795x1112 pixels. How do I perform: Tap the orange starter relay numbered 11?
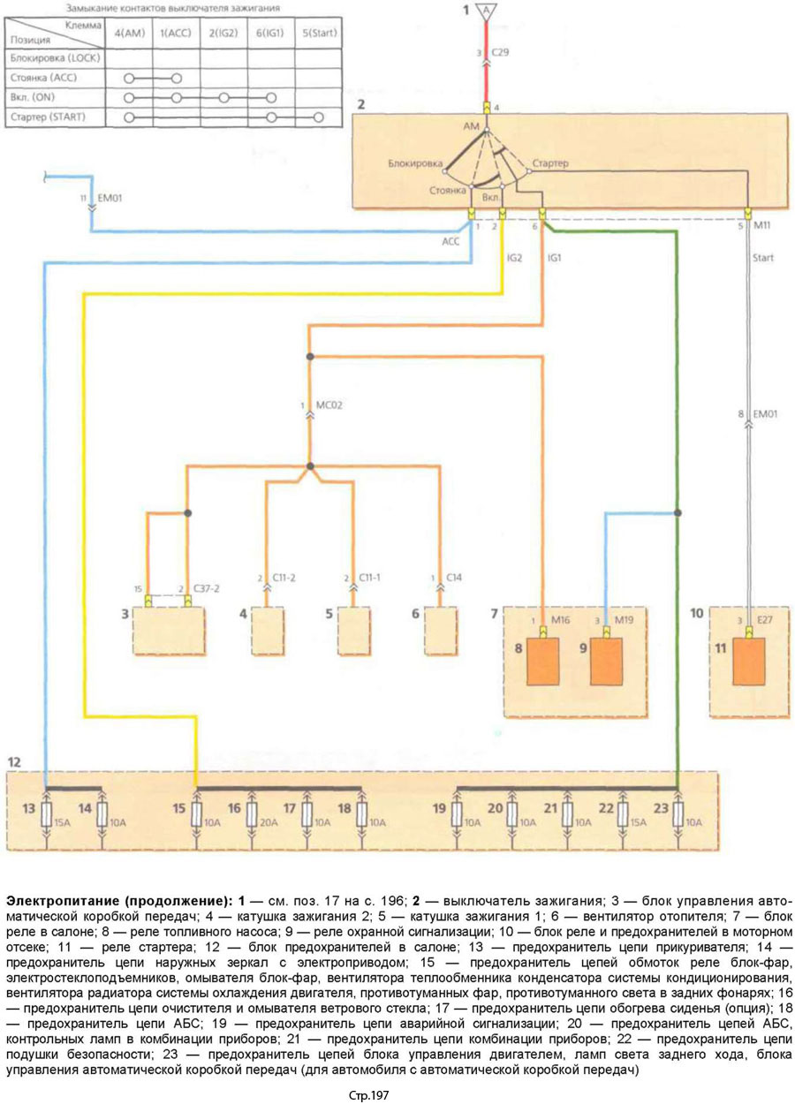click(751, 661)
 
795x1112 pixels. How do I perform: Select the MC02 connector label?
click(329, 407)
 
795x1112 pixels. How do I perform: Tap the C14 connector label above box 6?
click(454, 577)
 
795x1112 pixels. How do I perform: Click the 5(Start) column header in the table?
click(319, 33)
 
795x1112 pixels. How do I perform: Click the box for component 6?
click(440, 628)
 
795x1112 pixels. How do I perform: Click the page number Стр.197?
click(368, 1096)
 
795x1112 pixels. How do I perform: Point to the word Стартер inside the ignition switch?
click(551, 164)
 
